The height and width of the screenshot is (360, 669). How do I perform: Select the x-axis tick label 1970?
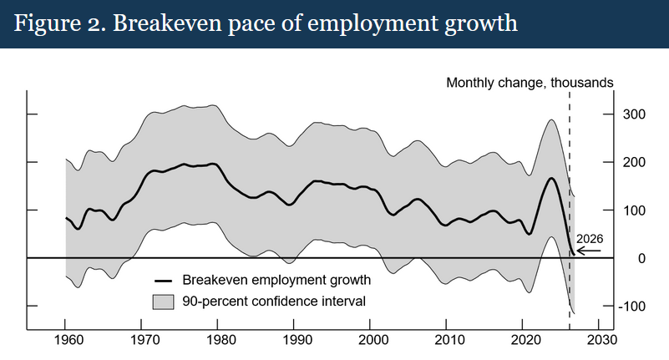(x=142, y=341)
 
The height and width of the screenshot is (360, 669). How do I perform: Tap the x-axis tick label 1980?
(x=218, y=341)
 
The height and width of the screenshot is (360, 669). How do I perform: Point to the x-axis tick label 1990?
(x=294, y=341)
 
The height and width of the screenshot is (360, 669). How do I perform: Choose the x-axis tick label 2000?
(x=370, y=341)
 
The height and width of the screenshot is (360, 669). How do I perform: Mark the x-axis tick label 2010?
(x=446, y=341)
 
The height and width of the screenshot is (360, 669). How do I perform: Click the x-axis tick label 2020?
(x=522, y=341)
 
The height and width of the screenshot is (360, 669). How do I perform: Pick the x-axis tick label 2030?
(x=598, y=341)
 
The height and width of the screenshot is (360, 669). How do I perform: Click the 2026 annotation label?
(x=589, y=238)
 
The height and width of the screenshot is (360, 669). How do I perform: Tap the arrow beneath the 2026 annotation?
(x=589, y=251)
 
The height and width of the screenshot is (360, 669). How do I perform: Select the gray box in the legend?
(x=163, y=299)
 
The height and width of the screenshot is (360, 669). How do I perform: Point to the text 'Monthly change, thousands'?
(x=530, y=83)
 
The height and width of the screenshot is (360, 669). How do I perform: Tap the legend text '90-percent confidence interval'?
(x=274, y=299)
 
